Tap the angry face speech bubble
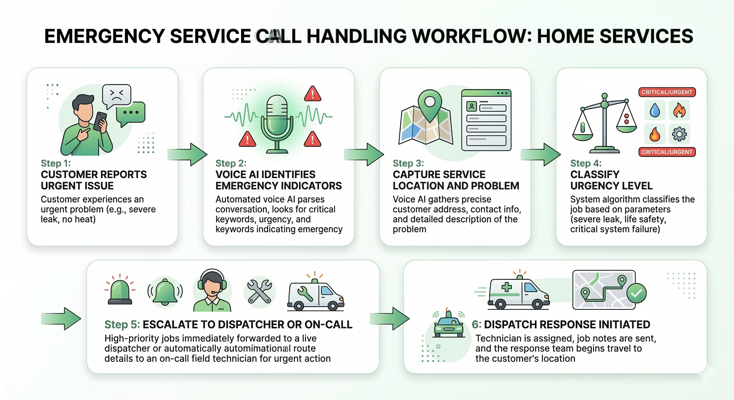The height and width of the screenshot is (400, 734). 117,95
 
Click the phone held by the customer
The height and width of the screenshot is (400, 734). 100,121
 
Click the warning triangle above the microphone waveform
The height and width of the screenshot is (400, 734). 313,94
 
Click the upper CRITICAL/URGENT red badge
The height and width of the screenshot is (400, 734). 667,92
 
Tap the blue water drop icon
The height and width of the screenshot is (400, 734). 655,110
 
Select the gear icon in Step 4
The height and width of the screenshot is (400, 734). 679,134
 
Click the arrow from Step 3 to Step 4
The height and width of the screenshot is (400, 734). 540,154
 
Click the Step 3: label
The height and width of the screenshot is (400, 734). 408,163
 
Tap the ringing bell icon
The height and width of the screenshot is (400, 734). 165,292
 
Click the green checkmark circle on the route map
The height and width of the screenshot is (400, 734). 636,293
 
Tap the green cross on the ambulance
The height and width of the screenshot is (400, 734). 506,287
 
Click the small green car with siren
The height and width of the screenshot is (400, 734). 449,326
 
